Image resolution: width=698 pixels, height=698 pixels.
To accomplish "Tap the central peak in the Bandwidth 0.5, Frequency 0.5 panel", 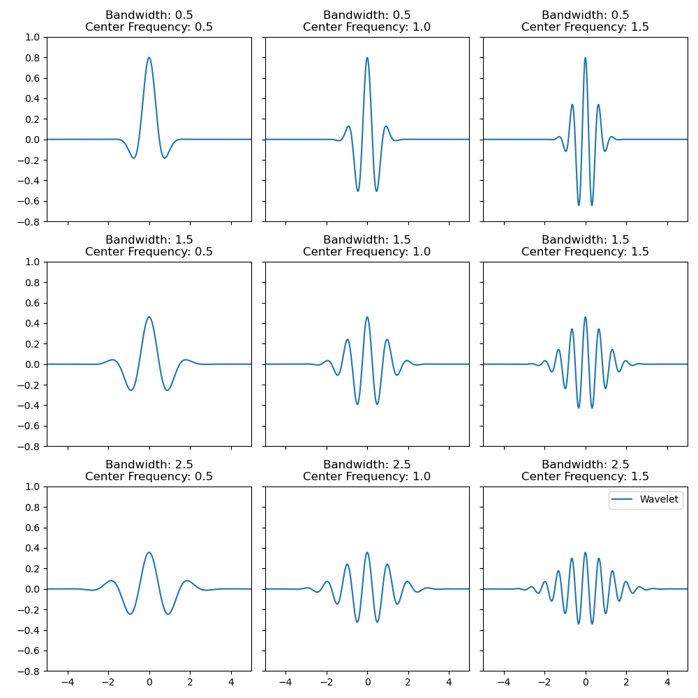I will pos(149,58).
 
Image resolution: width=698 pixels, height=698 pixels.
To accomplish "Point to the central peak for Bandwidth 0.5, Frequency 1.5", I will pos(585,58).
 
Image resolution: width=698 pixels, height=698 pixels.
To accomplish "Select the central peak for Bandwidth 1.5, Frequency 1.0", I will pos(367,318).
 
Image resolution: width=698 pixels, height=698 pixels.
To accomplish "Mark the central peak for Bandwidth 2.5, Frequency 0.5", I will pos(149,553).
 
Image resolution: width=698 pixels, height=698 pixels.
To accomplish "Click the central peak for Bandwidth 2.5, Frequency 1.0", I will pos(367,553).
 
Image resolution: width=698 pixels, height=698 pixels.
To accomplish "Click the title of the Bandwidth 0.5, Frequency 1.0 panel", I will pos(366,21).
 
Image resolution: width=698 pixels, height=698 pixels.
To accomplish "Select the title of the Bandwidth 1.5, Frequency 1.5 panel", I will pos(585,246).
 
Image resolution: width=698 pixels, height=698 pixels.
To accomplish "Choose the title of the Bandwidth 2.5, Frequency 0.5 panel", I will pos(149,470).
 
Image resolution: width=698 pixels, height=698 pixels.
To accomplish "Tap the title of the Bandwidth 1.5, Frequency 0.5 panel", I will pos(149,246).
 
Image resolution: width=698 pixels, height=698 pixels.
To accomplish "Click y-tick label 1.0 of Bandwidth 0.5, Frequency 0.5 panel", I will pos(33,37).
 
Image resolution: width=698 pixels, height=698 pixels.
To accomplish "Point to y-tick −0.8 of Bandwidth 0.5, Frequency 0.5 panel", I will pos(30,222).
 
